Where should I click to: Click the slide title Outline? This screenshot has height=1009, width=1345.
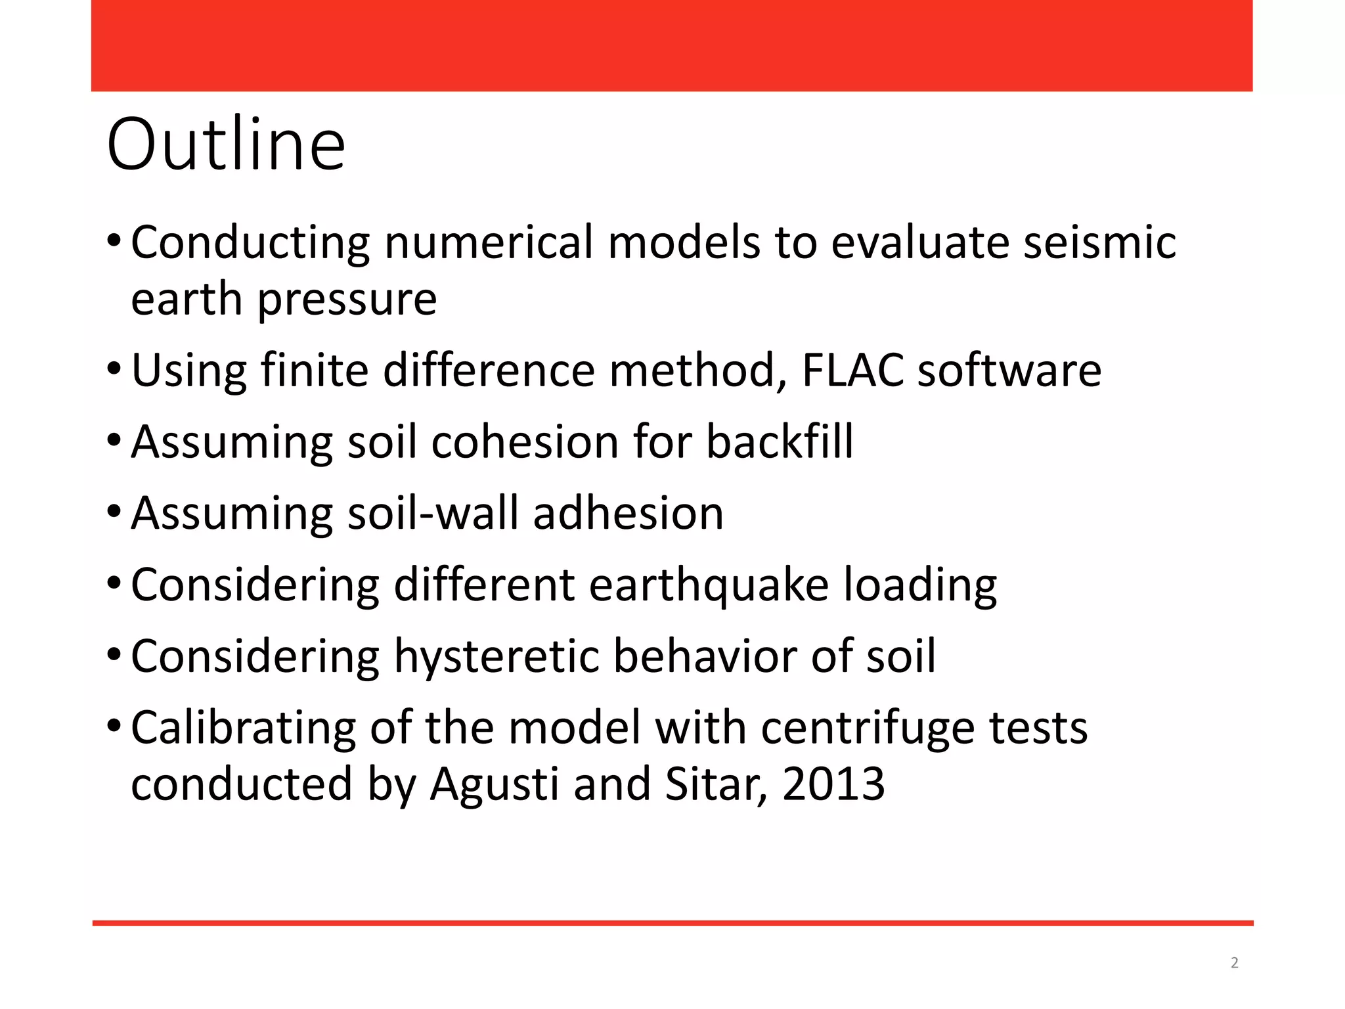[x=225, y=145]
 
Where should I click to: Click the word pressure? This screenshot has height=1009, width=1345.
[x=347, y=300]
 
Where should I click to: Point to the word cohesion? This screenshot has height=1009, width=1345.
[x=525, y=441]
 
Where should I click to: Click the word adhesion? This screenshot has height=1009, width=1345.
[x=628, y=513]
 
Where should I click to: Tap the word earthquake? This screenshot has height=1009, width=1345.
[x=709, y=585]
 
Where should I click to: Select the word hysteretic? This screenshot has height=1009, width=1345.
[x=496, y=656]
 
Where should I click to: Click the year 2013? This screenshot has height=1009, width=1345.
[x=833, y=784]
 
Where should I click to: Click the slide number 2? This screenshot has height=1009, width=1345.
[x=1235, y=963]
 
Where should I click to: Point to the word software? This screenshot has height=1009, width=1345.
[x=1009, y=370]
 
